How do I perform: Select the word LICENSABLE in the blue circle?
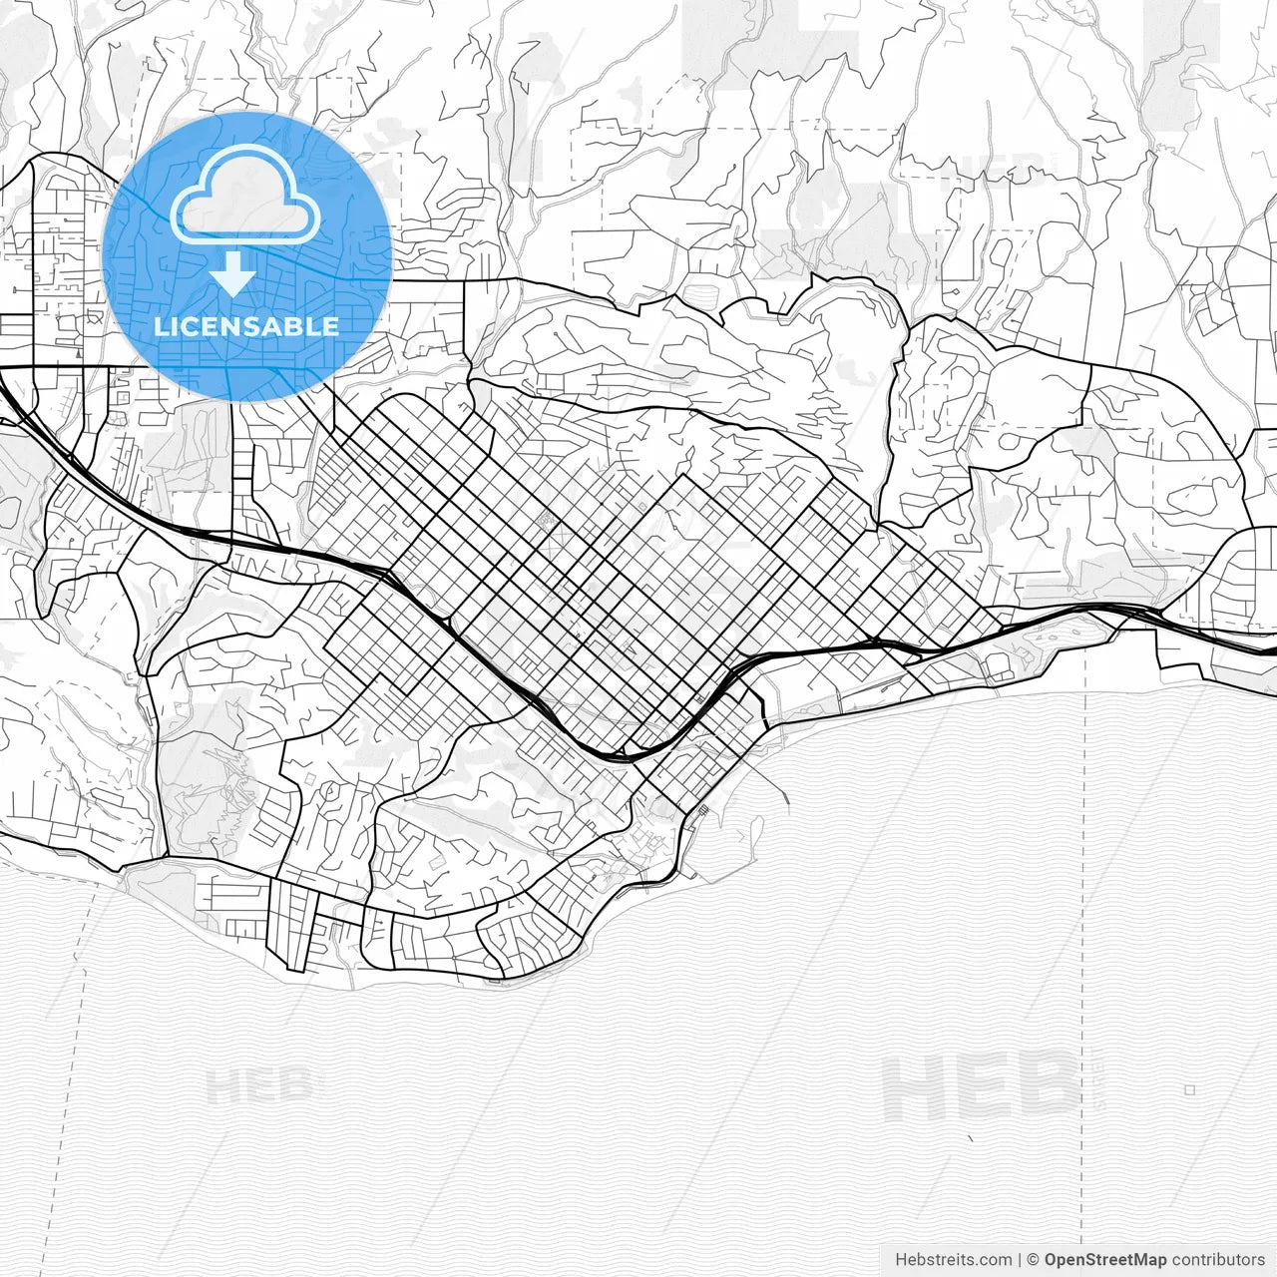[246, 326]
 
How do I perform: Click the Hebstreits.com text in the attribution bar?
[953, 1260]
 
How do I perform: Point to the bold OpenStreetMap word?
[1105, 1260]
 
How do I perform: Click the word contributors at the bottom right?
[1218, 1260]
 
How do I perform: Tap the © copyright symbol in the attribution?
[1034, 1260]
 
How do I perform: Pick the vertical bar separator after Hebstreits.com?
[1020, 1260]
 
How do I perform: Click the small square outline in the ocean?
[1189, 1090]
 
